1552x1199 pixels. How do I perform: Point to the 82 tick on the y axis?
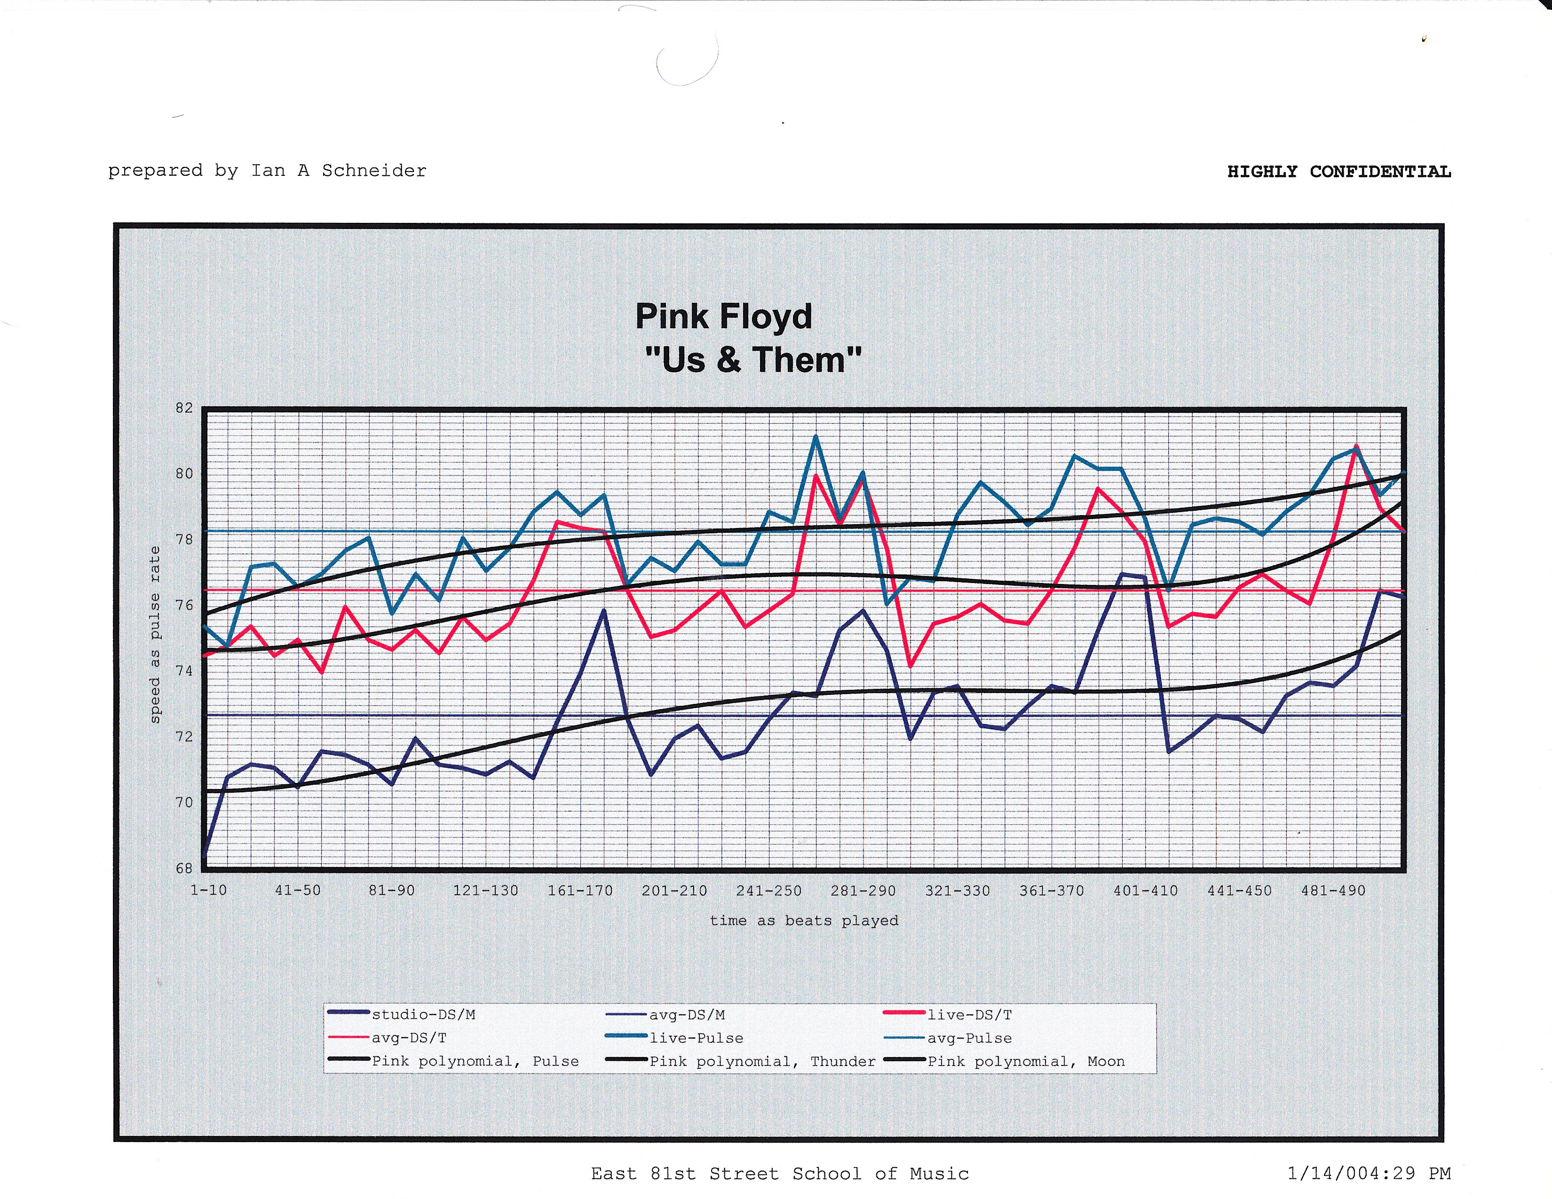pyautogui.click(x=184, y=408)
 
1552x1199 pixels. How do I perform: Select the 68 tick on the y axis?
pyautogui.click(x=184, y=868)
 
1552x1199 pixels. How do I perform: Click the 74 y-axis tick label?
pyautogui.click(x=184, y=670)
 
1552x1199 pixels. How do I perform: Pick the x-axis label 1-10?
pyautogui.click(x=208, y=891)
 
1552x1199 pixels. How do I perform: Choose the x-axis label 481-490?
pyautogui.click(x=1333, y=891)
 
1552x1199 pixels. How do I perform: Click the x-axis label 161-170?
pyautogui.click(x=580, y=891)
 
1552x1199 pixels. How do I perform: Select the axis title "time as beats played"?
pyautogui.click(x=804, y=921)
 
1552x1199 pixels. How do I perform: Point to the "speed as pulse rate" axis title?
pyautogui.click(x=155, y=634)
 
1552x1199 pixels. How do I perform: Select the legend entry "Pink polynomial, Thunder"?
pyautogui.click(x=762, y=1061)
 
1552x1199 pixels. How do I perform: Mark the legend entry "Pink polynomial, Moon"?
pyautogui.click(x=1025, y=1061)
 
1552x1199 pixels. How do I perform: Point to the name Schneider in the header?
pyautogui.click(x=374, y=171)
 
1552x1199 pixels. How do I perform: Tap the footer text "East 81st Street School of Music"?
pyautogui.click(x=780, y=1174)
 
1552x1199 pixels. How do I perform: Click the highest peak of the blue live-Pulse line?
pyautogui.click(x=815, y=436)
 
